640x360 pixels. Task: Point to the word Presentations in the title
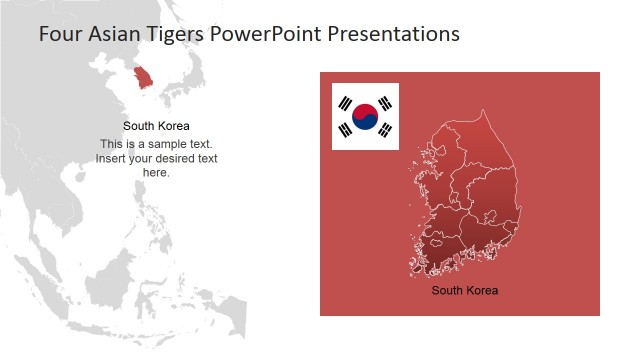400,34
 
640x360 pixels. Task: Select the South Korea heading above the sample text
156,126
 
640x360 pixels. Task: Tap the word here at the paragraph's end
156,172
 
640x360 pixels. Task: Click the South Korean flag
365,117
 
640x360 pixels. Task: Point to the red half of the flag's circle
365,111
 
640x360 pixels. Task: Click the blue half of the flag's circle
366,124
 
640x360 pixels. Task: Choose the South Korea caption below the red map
464,291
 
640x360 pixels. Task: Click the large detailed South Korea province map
465,200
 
